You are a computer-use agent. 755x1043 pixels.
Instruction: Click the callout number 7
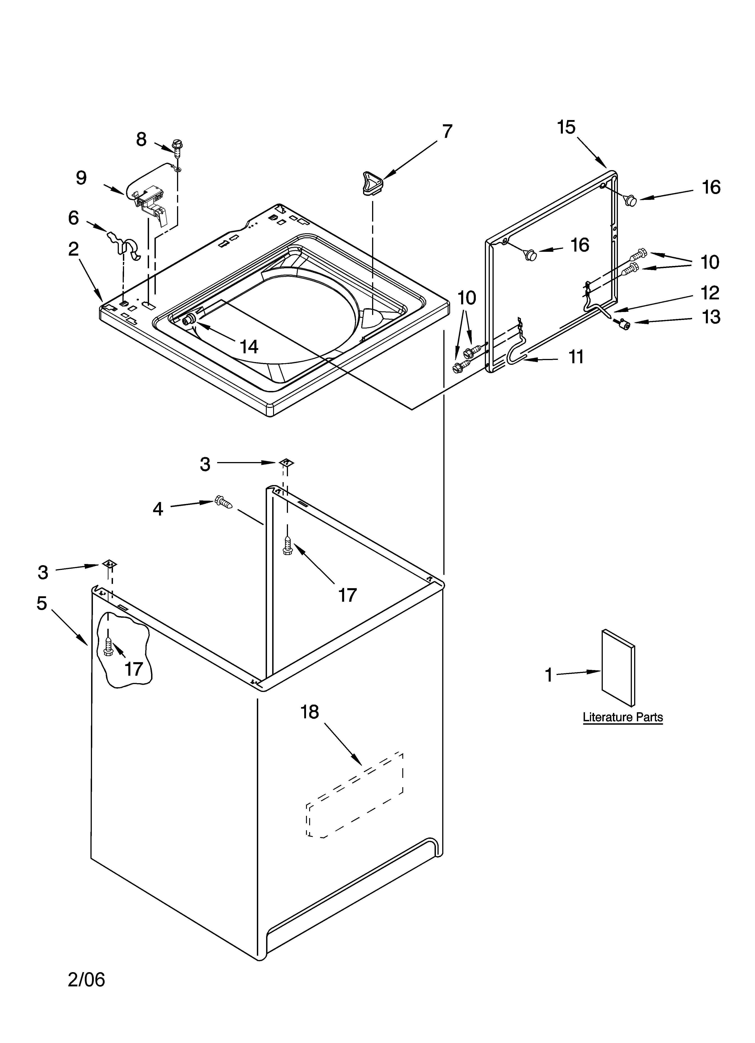pyautogui.click(x=447, y=132)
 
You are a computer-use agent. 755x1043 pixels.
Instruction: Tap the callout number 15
pyautogui.click(x=566, y=127)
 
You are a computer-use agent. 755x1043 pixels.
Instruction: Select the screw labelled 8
pyautogui.click(x=177, y=147)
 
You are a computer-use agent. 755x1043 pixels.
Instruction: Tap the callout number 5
pyautogui.click(x=42, y=603)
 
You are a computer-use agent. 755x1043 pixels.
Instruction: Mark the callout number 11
pyautogui.click(x=576, y=356)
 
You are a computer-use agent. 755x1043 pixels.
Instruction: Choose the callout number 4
pyautogui.click(x=158, y=509)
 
